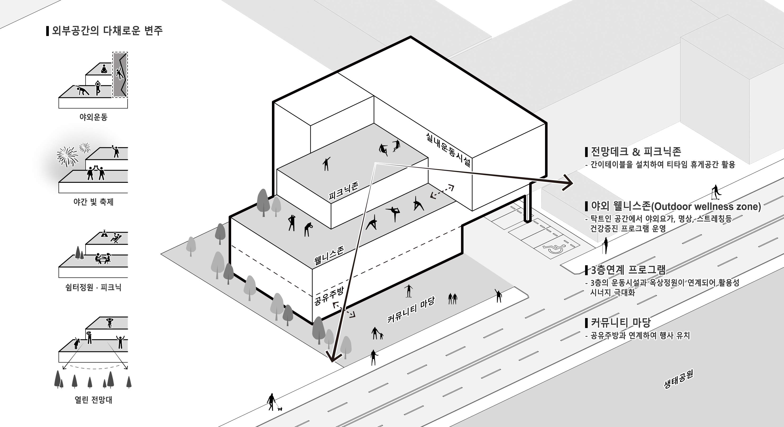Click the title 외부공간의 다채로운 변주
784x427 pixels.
click(x=107, y=31)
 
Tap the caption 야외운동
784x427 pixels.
click(x=93, y=117)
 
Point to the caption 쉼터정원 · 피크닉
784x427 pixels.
click(x=93, y=287)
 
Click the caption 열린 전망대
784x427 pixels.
click(x=93, y=400)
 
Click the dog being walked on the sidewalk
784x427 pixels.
click(x=280, y=409)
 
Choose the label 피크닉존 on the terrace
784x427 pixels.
click(x=344, y=191)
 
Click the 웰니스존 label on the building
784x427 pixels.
click(x=329, y=255)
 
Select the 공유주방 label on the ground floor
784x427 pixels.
click(x=329, y=295)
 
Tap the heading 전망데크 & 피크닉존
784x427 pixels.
click(x=636, y=152)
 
